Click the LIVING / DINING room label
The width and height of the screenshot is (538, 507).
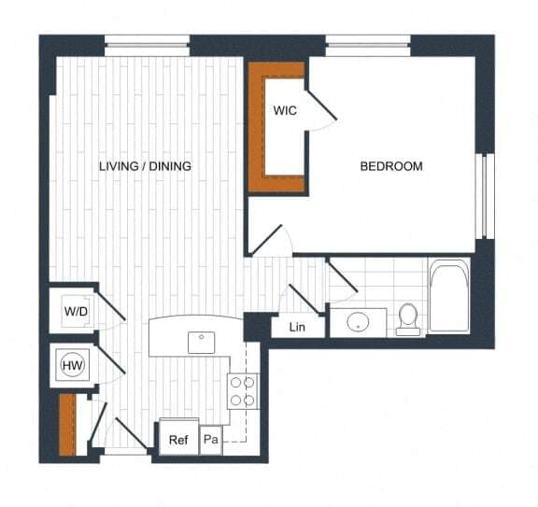click(x=145, y=166)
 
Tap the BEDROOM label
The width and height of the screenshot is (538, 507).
click(x=391, y=166)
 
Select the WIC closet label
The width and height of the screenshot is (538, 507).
click(x=285, y=110)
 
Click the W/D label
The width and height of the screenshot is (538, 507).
click(x=75, y=310)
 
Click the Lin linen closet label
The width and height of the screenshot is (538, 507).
click(x=297, y=327)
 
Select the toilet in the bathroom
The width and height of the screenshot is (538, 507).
click(x=408, y=317)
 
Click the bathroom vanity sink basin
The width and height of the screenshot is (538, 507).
click(x=360, y=322)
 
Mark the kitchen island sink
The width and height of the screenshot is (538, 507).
click(x=202, y=342)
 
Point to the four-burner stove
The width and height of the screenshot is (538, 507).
click(x=242, y=389)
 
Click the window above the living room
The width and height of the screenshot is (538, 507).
click(x=147, y=41)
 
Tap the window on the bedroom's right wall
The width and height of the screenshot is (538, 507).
click(x=484, y=196)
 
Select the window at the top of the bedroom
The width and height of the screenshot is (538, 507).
click(x=367, y=41)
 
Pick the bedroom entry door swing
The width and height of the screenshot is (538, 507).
click(x=271, y=239)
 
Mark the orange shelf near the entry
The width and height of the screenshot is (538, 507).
click(x=65, y=425)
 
